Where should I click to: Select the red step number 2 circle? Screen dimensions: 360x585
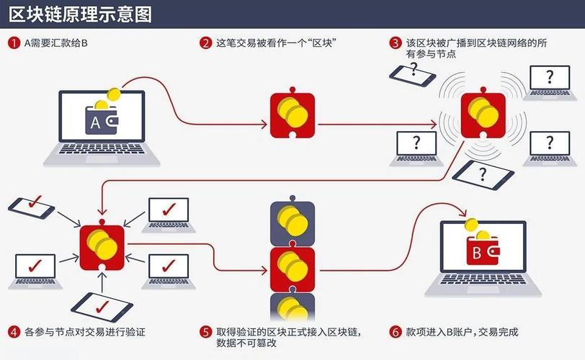[206, 43]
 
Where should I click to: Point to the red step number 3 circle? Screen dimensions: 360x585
[395, 43]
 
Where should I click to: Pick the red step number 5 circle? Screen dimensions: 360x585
[206, 333]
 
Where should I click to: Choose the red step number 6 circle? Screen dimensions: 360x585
[395, 333]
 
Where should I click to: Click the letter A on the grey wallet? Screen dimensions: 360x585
[95, 123]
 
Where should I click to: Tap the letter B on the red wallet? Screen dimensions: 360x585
[476, 253]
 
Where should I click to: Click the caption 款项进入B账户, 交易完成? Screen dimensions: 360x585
[462, 333]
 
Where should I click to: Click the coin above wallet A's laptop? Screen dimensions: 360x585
[115, 95]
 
